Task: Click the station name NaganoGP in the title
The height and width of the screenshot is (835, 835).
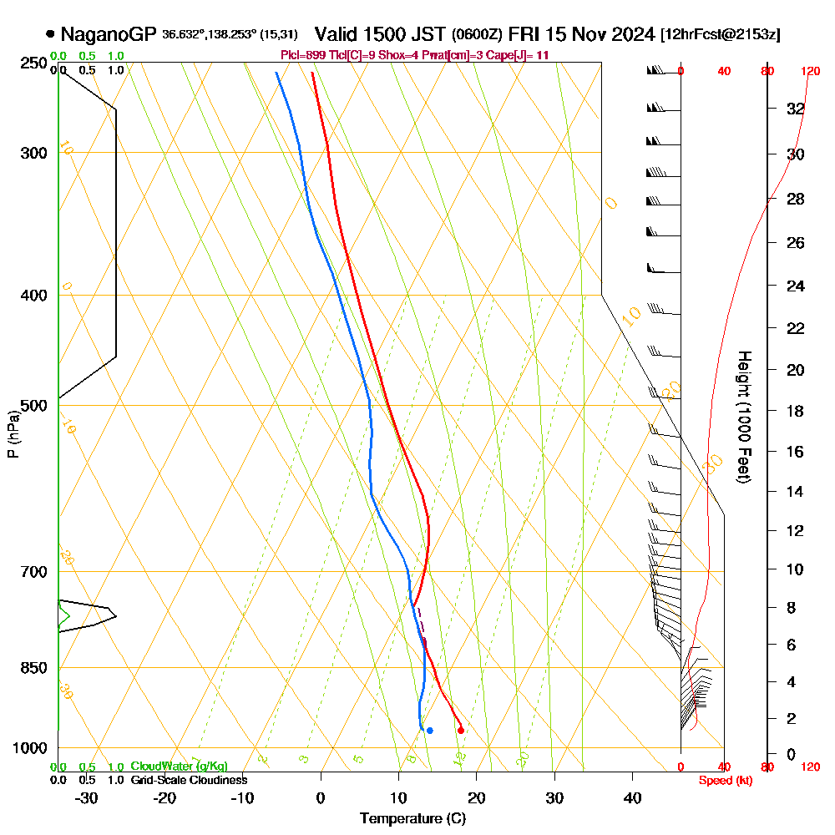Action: tap(109, 34)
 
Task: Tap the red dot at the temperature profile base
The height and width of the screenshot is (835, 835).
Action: tap(461, 731)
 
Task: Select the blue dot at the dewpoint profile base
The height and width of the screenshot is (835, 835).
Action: tap(429, 731)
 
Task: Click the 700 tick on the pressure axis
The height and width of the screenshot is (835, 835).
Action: tap(33, 572)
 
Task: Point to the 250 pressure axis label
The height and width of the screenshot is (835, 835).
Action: tap(33, 63)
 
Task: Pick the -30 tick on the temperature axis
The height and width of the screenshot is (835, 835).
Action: tap(86, 797)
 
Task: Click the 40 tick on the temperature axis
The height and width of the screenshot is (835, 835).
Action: tap(633, 797)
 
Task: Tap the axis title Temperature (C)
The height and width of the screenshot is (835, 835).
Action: tap(412, 819)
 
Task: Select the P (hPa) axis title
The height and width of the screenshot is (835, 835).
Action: tap(13, 433)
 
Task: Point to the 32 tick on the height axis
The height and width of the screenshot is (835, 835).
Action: tap(796, 109)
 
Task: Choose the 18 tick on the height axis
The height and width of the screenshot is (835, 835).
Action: tap(796, 411)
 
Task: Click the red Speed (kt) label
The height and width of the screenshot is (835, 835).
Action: tap(722, 781)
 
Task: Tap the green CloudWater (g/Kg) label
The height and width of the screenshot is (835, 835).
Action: tap(179, 767)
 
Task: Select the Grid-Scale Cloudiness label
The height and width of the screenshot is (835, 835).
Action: tap(189, 780)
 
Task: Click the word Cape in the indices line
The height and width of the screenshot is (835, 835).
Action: tap(496, 55)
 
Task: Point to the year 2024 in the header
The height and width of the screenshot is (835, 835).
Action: tap(631, 34)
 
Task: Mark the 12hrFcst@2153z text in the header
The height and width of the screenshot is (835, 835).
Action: tap(720, 35)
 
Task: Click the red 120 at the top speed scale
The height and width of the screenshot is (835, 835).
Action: tap(809, 71)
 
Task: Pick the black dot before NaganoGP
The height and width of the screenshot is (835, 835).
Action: tap(51, 34)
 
